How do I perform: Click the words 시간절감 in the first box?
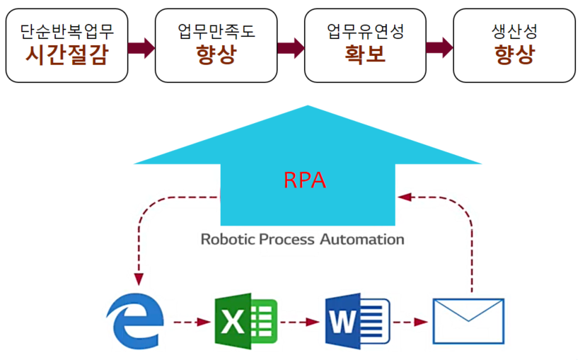pos(66,54)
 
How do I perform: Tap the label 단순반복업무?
pos(66,30)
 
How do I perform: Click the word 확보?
pos(365,54)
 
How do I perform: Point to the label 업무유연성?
pos(365,30)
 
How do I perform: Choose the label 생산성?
pos(513,30)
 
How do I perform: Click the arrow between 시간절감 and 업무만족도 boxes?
pos(141,47)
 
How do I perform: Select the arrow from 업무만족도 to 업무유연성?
pos(290,47)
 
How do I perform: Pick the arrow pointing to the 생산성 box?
pos(439,47)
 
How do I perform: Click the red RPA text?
pos(305,180)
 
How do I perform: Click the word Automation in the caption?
pos(362,238)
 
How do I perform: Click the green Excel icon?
pos(245,322)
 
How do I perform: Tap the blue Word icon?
pos(357,322)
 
